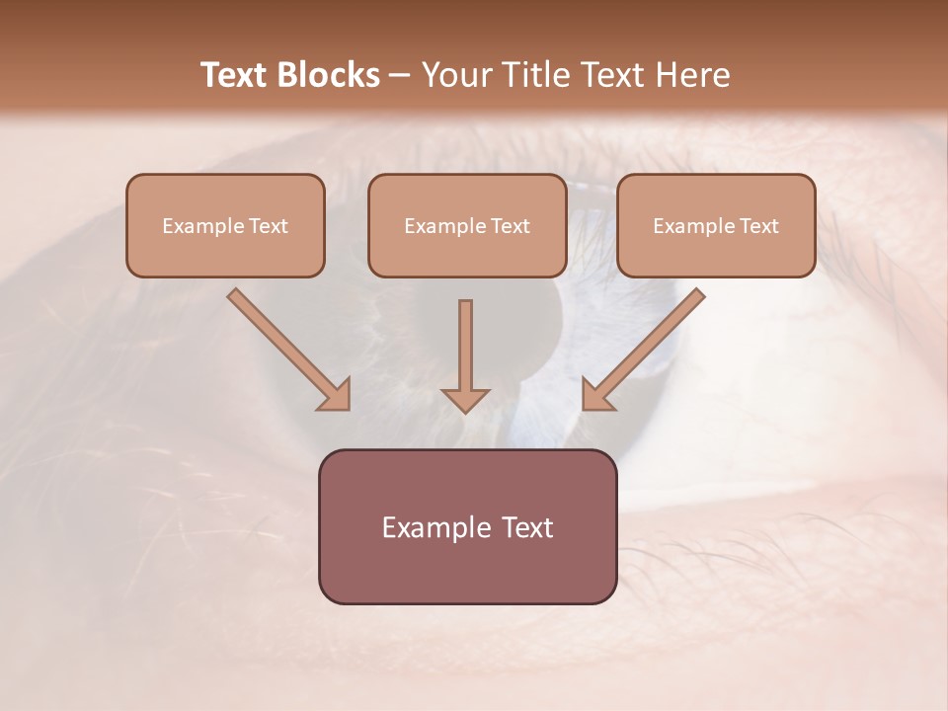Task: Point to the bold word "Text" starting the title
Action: coord(233,75)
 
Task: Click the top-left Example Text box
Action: coord(225,225)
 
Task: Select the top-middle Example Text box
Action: coord(467,225)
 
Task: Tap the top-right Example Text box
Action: coord(716,225)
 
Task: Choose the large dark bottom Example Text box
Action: coord(467,526)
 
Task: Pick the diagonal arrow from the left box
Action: coord(286,348)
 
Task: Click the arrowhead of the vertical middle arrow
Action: coord(465,399)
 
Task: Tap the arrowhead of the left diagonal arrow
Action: coord(336,395)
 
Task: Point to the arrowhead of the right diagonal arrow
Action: coord(596,395)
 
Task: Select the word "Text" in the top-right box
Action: coord(758,226)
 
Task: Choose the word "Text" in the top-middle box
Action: coord(510,226)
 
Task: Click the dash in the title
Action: coord(400,76)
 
